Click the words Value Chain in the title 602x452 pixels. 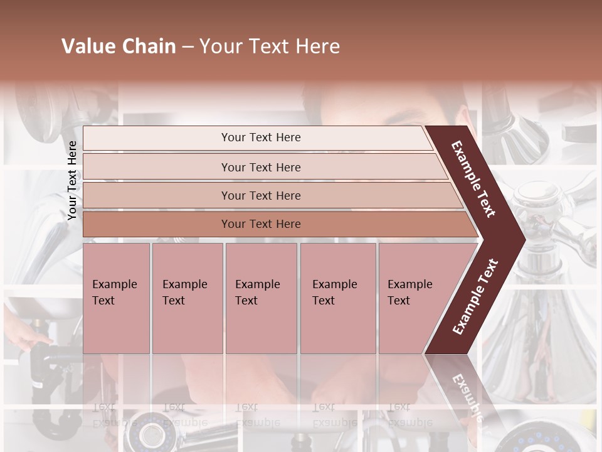coord(119,46)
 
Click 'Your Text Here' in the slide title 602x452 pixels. coord(270,46)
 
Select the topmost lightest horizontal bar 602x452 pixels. coord(157,138)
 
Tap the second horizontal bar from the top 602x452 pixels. coord(157,167)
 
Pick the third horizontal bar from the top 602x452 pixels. coord(157,195)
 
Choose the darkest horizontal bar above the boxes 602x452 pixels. coord(157,224)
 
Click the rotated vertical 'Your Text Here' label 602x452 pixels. coord(73,180)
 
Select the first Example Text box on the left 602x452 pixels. coord(116,298)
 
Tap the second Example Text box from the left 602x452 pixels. coord(187,298)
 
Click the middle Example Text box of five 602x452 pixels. coord(261,298)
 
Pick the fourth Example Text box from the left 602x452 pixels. coord(338,298)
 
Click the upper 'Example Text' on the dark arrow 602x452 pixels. coord(473,179)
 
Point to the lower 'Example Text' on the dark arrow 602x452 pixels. coord(475,296)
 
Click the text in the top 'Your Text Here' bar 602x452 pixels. coord(261,137)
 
